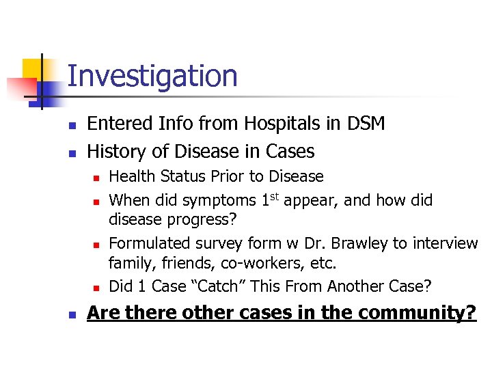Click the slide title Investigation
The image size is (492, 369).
[152, 76]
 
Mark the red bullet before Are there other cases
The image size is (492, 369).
[70, 314]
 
